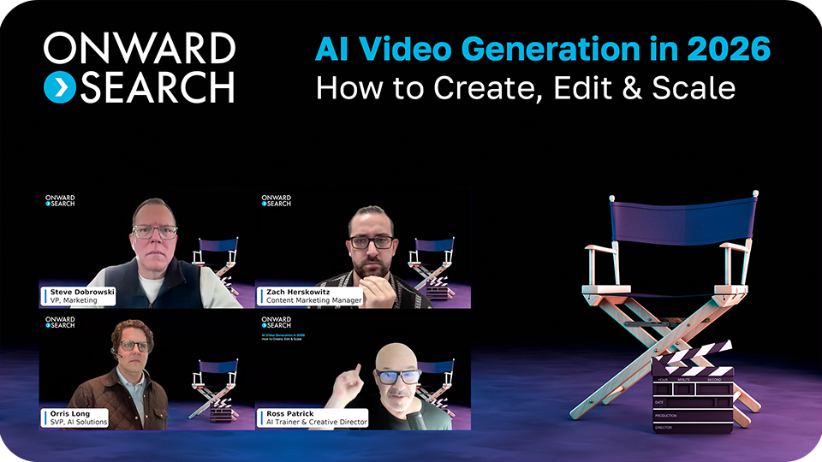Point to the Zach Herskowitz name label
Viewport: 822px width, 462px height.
(x=299, y=292)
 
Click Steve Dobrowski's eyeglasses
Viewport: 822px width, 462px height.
(x=155, y=231)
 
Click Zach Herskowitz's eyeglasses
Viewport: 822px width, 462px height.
(x=372, y=241)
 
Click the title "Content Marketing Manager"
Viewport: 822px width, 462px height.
(x=313, y=300)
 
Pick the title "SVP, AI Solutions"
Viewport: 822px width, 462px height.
(x=74, y=422)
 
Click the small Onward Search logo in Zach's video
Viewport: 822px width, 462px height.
(x=276, y=201)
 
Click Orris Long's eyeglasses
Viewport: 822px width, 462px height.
(x=134, y=346)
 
